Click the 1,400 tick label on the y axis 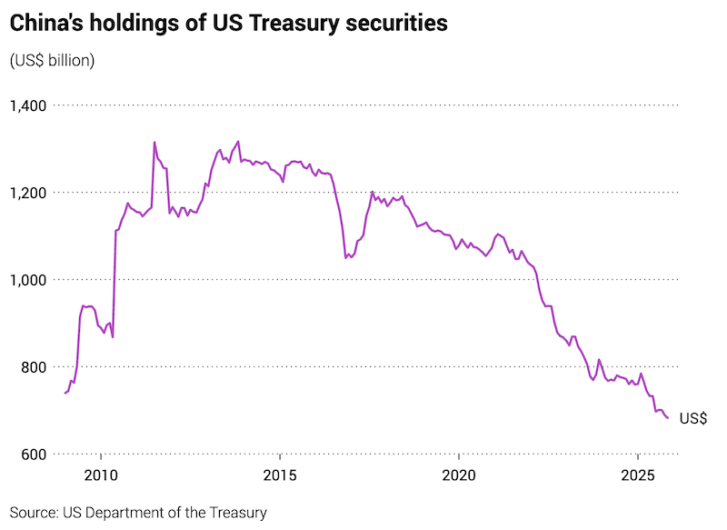click(x=29, y=105)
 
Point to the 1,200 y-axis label click(x=29, y=193)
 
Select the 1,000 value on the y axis click(x=29, y=280)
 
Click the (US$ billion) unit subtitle click(x=53, y=61)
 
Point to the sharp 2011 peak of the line click(x=154, y=142)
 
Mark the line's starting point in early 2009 click(x=65, y=393)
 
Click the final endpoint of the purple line click(x=669, y=418)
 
